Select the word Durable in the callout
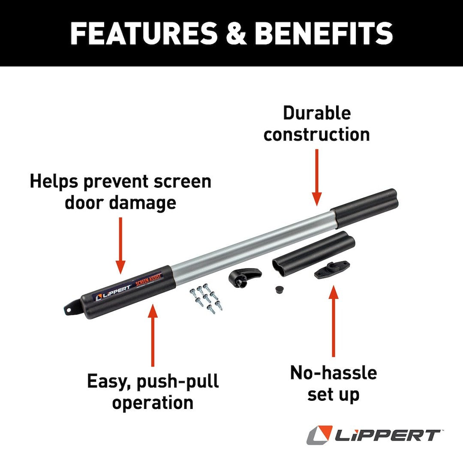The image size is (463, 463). pos(317,113)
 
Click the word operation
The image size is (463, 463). pos(153,403)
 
